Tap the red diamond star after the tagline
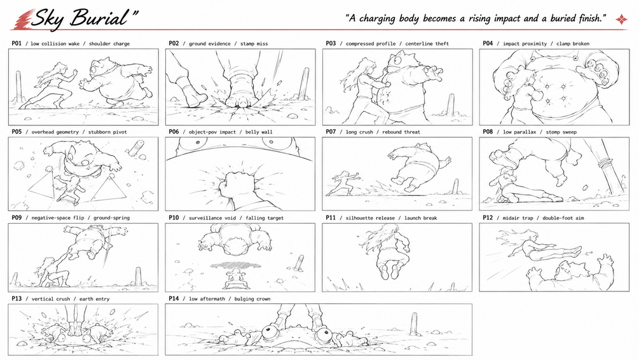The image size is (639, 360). pyautogui.click(x=621, y=18)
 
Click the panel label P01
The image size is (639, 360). pyautogui.click(x=17, y=43)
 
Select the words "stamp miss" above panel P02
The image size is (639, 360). pyautogui.click(x=254, y=44)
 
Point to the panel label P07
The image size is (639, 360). pyautogui.click(x=331, y=132)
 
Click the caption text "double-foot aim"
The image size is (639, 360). pyautogui.click(x=563, y=218)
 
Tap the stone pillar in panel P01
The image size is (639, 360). pyautogui.click(x=18, y=86)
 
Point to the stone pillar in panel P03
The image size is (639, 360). pyautogui.click(x=451, y=104)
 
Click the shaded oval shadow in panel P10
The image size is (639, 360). pyautogui.click(x=235, y=265)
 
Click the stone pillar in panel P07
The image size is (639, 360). pyautogui.click(x=455, y=188)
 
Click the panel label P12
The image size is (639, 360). pyautogui.click(x=488, y=218)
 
